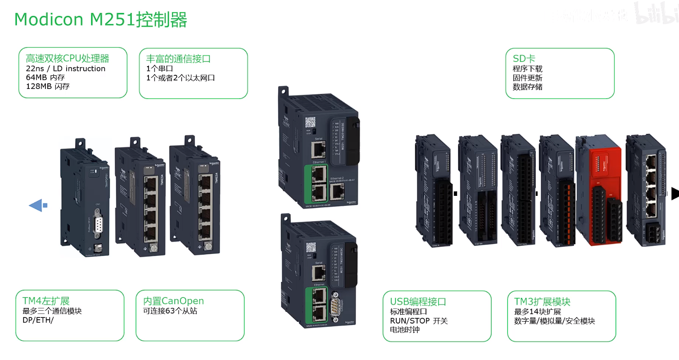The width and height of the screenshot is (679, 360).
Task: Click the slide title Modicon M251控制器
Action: click(x=101, y=20)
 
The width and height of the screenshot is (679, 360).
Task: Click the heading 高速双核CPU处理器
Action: click(x=68, y=59)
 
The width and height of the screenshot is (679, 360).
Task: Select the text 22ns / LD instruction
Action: click(x=66, y=69)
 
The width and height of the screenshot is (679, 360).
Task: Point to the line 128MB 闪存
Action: click(x=48, y=87)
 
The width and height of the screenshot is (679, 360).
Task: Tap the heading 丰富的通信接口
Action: click(x=178, y=59)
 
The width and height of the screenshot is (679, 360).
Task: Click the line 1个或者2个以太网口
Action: click(x=181, y=78)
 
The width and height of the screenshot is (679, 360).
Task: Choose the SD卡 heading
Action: click(x=524, y=59)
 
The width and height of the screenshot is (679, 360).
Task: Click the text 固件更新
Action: click(x=527, y=78)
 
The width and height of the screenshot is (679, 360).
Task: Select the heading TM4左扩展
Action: click(x=46, y=301)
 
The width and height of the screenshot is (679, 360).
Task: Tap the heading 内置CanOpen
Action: click(x=174, y=301)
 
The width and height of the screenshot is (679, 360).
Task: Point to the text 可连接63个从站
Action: click(x=170, y=311)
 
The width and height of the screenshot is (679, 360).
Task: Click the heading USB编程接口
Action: click(x=418, y=302)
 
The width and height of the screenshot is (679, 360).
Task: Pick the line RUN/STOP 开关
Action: click(x=416, y=321)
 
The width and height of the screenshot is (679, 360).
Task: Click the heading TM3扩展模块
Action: click(x=542, y=302)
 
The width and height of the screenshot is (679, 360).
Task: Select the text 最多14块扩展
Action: click(x=538, y=312)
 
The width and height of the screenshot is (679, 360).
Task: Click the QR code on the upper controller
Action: click(x=310, y=122)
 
